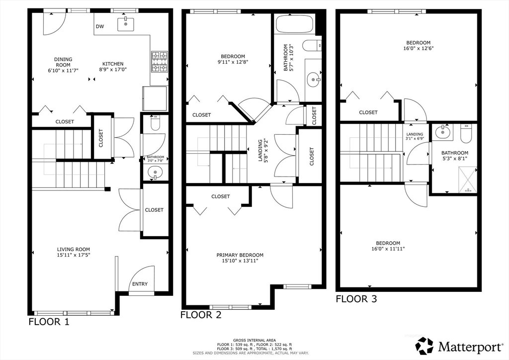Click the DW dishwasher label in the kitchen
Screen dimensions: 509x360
[100, 26]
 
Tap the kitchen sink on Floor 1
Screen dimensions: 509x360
[126, 24]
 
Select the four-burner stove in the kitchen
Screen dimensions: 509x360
[160, 62]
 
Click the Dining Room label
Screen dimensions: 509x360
[63, 62]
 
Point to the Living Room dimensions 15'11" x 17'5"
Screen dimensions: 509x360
[74, 255]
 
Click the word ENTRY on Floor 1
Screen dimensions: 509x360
[140, 284]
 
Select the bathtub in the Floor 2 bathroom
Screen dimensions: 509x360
[294, 24]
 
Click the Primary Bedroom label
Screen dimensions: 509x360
[240, 255]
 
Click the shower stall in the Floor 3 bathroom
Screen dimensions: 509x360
[467, 180]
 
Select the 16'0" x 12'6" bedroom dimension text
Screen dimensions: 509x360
[419, 48]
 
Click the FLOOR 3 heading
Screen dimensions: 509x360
[356, 299]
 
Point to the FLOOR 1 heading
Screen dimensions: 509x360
[49, 322]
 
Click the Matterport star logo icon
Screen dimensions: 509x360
[424, 346]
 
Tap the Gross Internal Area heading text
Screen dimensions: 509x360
[254, 340]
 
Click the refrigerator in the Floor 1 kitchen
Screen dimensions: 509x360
[155, 98]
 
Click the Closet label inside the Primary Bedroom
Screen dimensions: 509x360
[220, 196]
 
